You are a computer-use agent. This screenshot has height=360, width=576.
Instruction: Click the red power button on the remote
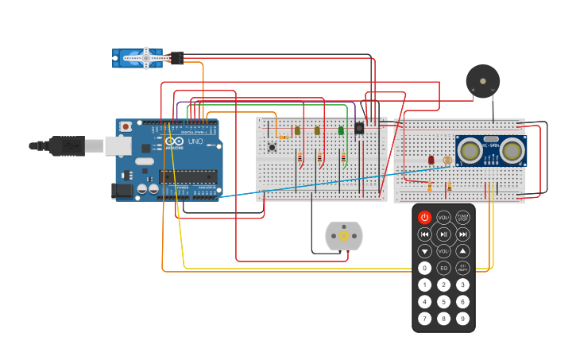[x=424, y=217]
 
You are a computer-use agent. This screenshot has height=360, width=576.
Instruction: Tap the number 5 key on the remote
[x=443, y=301]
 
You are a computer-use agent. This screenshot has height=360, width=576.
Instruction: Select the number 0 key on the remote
[x=424, y=268]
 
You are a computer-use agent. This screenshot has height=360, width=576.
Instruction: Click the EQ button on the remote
[x=443, y=268]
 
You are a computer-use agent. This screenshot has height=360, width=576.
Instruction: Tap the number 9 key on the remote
[x=462, y=318]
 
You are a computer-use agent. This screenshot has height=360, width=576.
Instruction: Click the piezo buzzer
[x=482, y=80]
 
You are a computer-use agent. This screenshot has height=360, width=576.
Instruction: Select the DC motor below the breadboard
[x=344, y=236]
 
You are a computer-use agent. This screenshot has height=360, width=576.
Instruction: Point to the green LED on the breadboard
[x=341, y=130]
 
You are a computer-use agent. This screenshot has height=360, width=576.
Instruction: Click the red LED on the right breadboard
[x=431, y=160]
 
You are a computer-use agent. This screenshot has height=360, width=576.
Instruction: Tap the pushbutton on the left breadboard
[x=272, y=147]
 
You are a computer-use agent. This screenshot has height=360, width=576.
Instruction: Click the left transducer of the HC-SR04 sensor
[x=470, y=149]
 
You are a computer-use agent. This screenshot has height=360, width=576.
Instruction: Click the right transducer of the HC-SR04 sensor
[x=512, y=149]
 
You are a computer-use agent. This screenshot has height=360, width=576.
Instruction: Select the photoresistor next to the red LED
[x=446, y=161]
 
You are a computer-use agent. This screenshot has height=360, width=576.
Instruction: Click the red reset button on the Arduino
[x=126, y=126]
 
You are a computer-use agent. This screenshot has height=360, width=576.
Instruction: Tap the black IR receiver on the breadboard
[x=359, y=128]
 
